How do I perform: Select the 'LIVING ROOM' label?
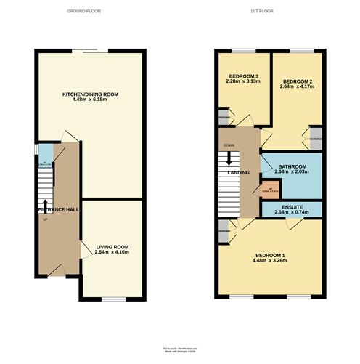(112, 247)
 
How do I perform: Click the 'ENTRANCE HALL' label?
(57, 209)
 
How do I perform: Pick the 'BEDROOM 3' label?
(244, 76)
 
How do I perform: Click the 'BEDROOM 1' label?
(269, 255)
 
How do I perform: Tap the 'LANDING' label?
(239, 173)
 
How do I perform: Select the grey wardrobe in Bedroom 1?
(223, 232)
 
